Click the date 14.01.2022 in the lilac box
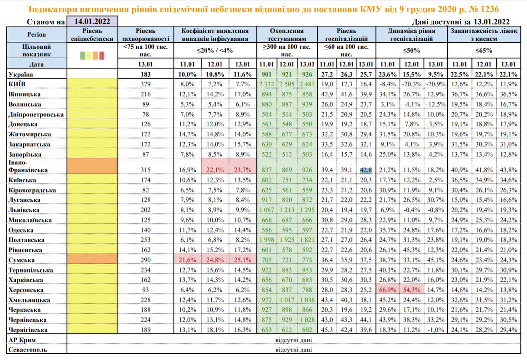click(93, 21)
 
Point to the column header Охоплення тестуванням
click(287, 35)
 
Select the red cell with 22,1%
click(214, 170)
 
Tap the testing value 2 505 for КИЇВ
click(287, 84)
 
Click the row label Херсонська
click(26, 290)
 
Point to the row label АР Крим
click(21, 339)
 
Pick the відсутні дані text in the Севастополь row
click(293, 349)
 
